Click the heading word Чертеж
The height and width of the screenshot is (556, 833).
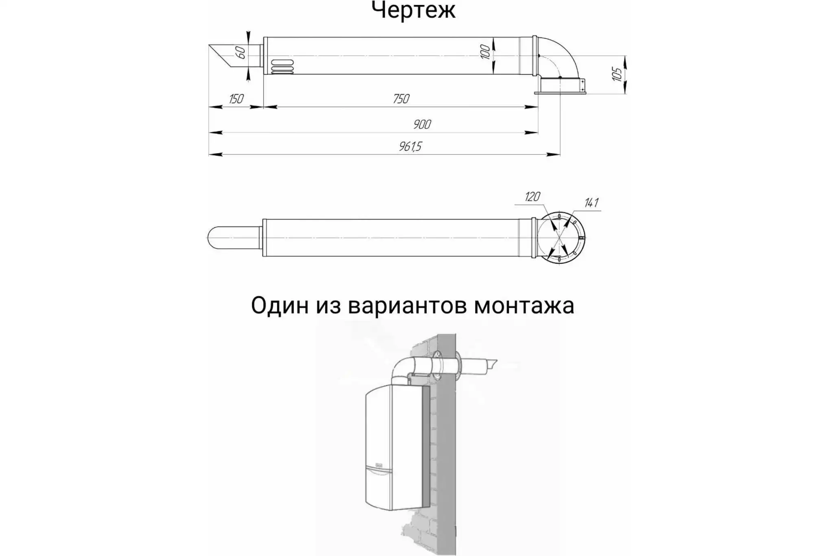click(413, 10)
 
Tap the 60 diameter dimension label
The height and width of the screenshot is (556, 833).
click(240, 53)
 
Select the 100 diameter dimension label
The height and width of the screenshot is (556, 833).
click(485, 52)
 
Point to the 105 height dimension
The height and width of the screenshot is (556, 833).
click(617, 74)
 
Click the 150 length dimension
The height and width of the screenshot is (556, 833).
click(236, 99)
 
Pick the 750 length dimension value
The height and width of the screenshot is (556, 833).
click(401, 99)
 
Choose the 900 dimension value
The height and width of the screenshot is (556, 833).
click(422, 124)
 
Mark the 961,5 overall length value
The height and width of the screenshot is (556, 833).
click(410, 146)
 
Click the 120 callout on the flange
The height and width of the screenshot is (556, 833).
click(532, 197)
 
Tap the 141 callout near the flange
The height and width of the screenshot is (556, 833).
click(591, 203)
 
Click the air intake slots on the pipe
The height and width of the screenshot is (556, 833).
click(282, 67)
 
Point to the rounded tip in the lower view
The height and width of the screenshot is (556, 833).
click(215, 237)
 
